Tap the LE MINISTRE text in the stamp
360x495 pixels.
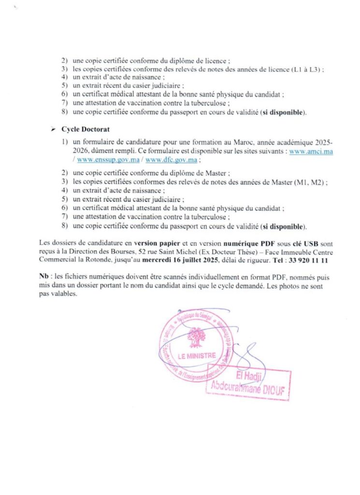[x=197, y=356]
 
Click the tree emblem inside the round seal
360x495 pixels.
[x=196, y=336]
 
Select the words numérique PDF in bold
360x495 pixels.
[x=235, y=245]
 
